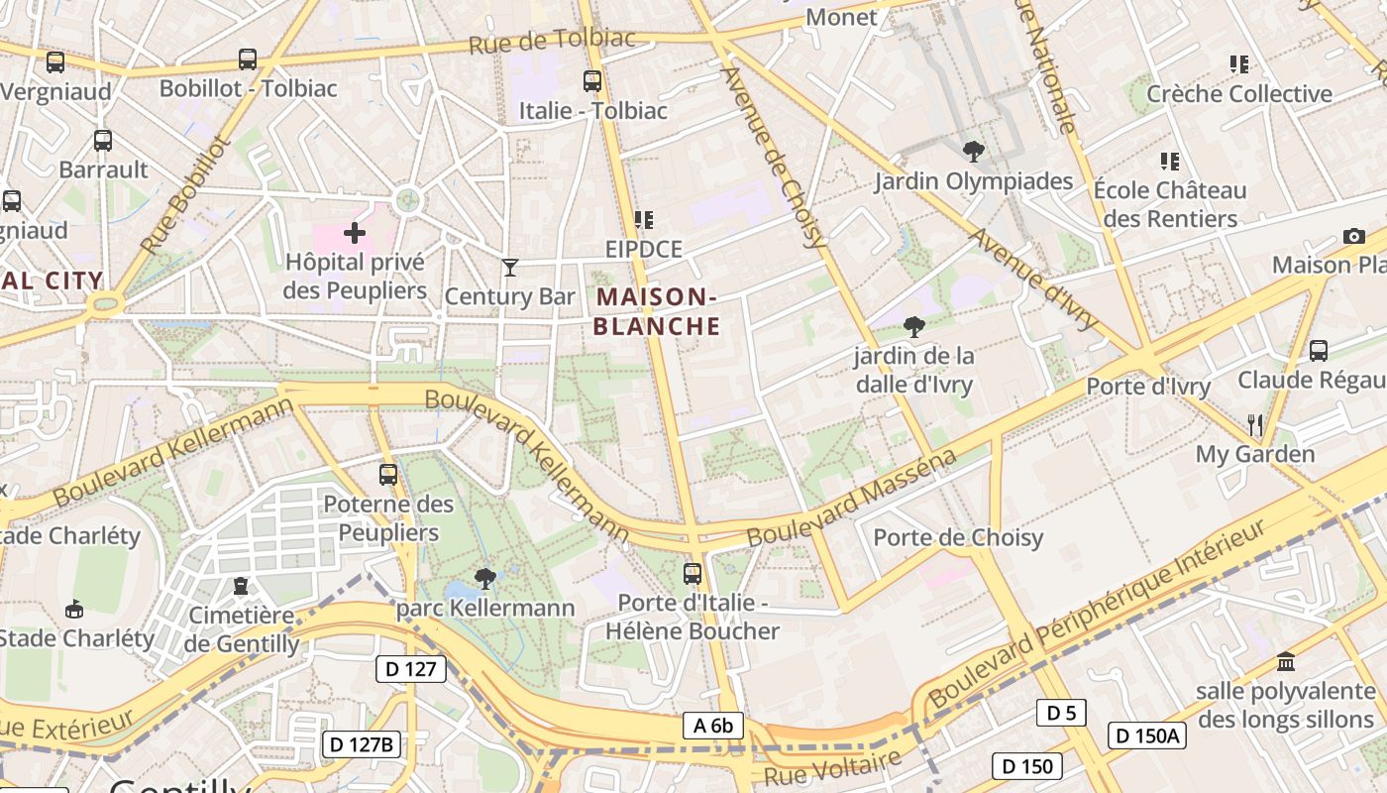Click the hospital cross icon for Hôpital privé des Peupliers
point(354,234)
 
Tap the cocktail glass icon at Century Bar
point(510,267)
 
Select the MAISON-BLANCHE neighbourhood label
point(658,311)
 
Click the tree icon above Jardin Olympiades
point(974,152)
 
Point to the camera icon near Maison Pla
point(1353,236)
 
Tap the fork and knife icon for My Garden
point(1255,425)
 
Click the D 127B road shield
point(361,743)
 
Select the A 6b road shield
point(713,726)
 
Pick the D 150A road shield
point(1147,736)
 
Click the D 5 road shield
point(1061,712)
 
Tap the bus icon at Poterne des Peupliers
point(388,475)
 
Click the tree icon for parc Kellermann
point(484,579)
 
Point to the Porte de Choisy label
point(958,537)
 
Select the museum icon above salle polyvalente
point(1286,661)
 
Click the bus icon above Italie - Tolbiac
point(592,81)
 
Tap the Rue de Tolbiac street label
point(552,41)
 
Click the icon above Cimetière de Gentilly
point(241,586)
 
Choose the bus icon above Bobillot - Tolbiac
point(248,59)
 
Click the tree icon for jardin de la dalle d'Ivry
point(913,326)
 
